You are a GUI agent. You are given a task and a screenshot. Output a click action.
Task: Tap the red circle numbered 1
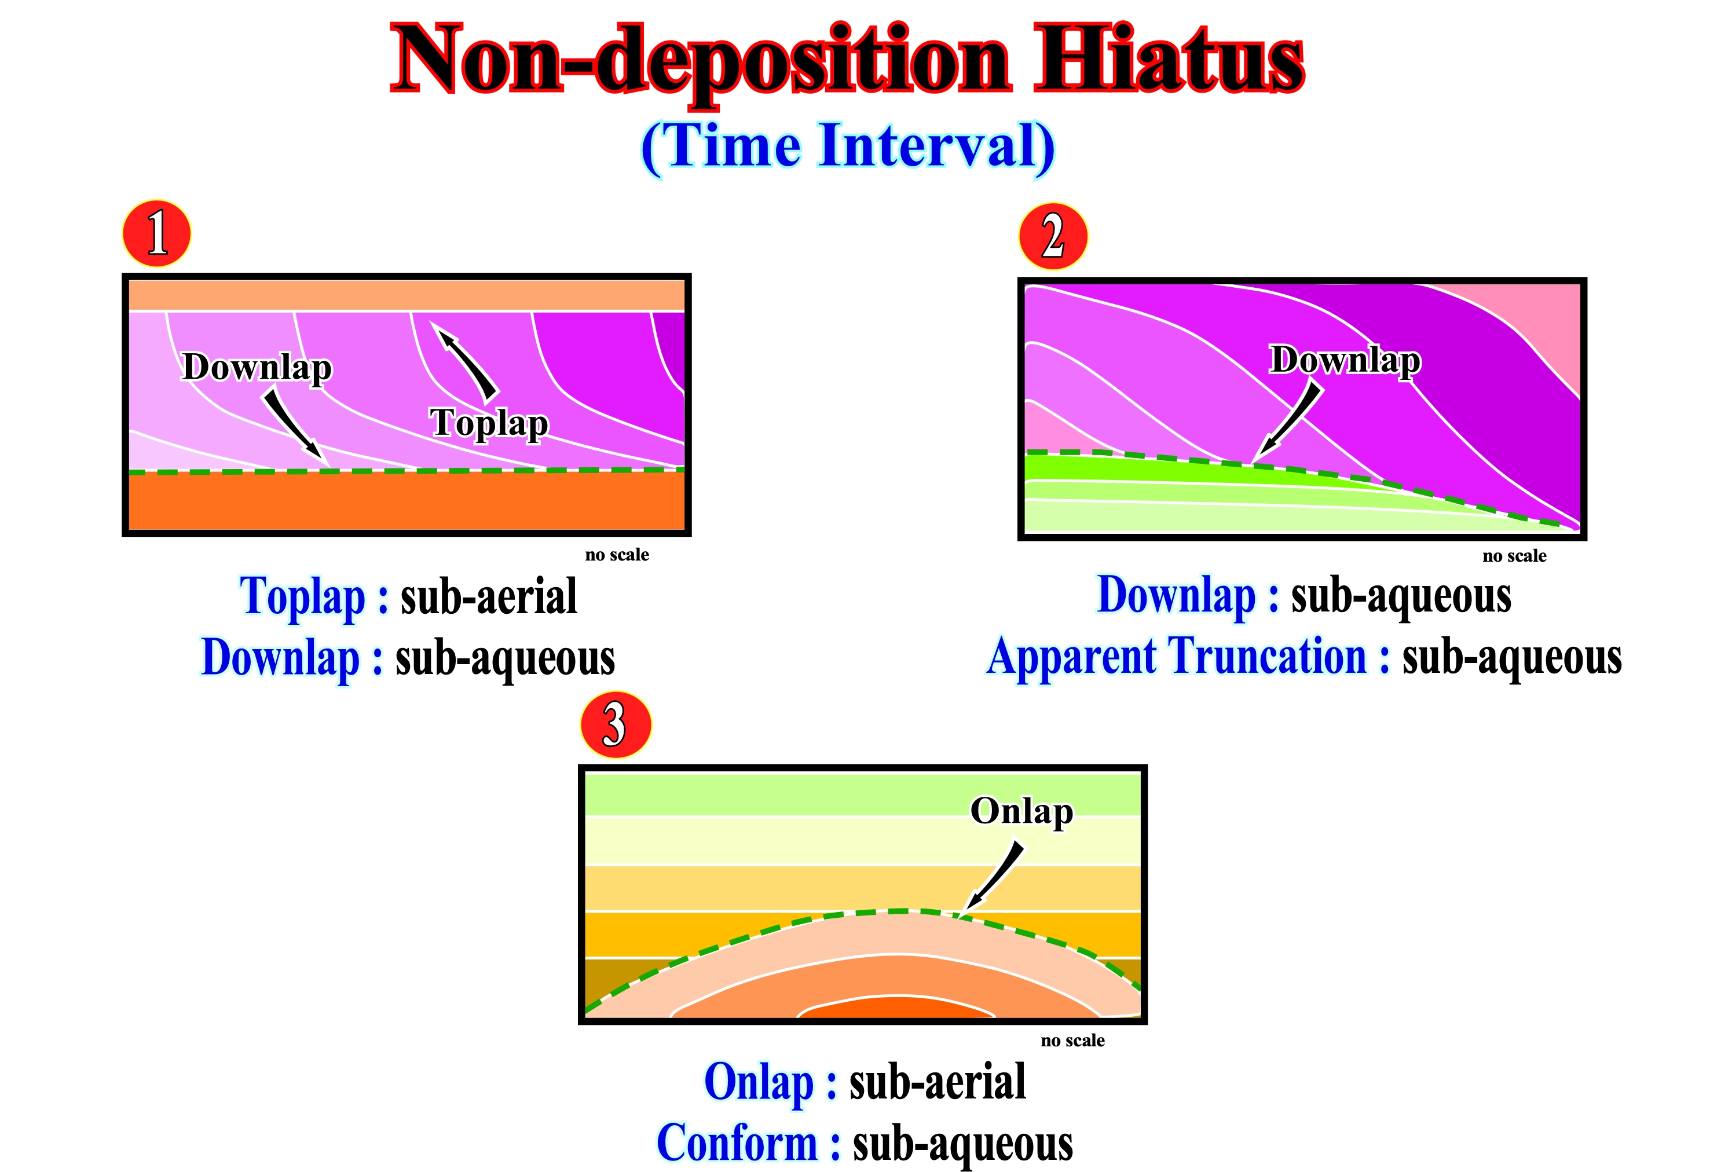[x=157, y=233]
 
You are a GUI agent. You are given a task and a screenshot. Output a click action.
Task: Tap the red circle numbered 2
[x=1053, y=236]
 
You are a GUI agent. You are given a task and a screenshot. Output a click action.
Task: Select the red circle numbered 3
[x=616, y=725]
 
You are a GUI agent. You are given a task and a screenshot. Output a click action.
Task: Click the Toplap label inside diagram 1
[x=489, y=423]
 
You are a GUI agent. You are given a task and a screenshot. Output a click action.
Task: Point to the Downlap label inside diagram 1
[x=257, y=367]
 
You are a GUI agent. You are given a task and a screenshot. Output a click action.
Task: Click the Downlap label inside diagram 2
[x=1346, y=361]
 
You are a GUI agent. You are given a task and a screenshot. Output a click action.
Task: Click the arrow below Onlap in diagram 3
[x=995, y=877]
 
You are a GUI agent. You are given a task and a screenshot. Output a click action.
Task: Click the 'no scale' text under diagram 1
[x=617, y=555]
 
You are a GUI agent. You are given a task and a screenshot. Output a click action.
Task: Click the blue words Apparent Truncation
[x=1177, y=657]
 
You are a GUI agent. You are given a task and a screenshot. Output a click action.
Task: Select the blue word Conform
[x=737, y=1143]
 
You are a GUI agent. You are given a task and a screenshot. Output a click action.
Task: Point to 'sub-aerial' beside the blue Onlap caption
[x=938, y=1082]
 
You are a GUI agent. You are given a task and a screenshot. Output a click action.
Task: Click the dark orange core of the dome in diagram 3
[x=896, y=1009]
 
